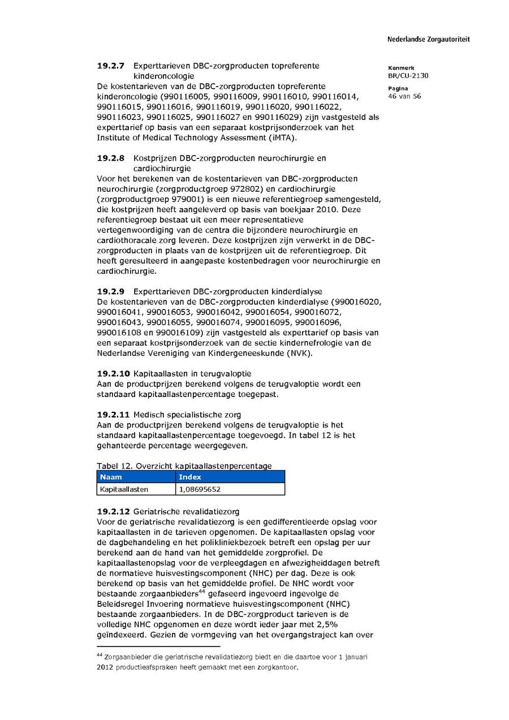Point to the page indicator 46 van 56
tap(404, 96)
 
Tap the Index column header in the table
tap(190, 477)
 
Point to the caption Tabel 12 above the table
tap(111, 466)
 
